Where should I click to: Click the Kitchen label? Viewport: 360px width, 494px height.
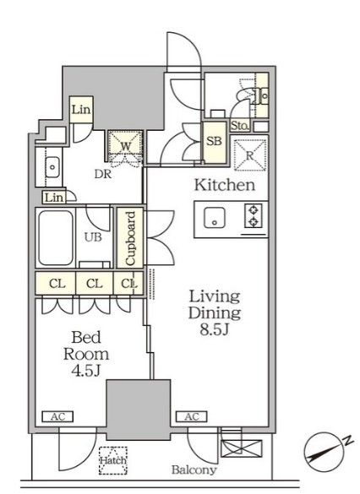click(x=225, y=185)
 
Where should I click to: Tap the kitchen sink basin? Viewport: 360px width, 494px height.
click(x=215, y=217)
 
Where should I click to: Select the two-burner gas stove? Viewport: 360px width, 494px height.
click(x=254, y=216)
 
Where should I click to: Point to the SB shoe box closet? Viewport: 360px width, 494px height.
click(x=215, y=142)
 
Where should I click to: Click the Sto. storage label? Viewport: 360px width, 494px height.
click(x=240, y=127)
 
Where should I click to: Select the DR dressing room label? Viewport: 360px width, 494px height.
click(x=103, y=174)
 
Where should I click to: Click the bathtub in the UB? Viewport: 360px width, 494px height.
click(x=56, y=238)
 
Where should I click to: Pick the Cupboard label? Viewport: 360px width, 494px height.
click(x=130, y=238)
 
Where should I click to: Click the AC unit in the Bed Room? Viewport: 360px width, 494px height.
click(x=57, y=416)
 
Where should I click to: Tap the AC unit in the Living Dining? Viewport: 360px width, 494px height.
click(x=192, y=416)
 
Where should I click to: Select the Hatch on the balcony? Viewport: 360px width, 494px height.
click(x=113, y=460)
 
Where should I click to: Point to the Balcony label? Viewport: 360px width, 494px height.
click(x=194, y=470)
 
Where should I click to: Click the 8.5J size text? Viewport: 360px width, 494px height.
click(x=214, y=329)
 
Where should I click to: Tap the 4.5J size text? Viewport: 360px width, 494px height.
click(x=85, y=371)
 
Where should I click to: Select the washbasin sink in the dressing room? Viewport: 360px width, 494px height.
click(x=52, y=166)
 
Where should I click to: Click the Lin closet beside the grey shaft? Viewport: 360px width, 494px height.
click(x=81, y=110)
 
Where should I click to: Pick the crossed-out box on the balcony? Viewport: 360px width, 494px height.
click(x=242, y=448)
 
